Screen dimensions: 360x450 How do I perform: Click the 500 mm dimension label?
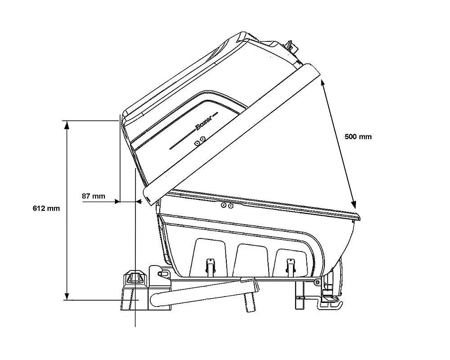point(358,136)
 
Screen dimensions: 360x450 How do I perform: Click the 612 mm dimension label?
point(46,208)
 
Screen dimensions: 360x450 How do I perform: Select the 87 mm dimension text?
point(94,196)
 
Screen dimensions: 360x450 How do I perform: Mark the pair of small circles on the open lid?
point(200,142)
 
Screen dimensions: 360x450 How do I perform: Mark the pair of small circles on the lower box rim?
point(227,205)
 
